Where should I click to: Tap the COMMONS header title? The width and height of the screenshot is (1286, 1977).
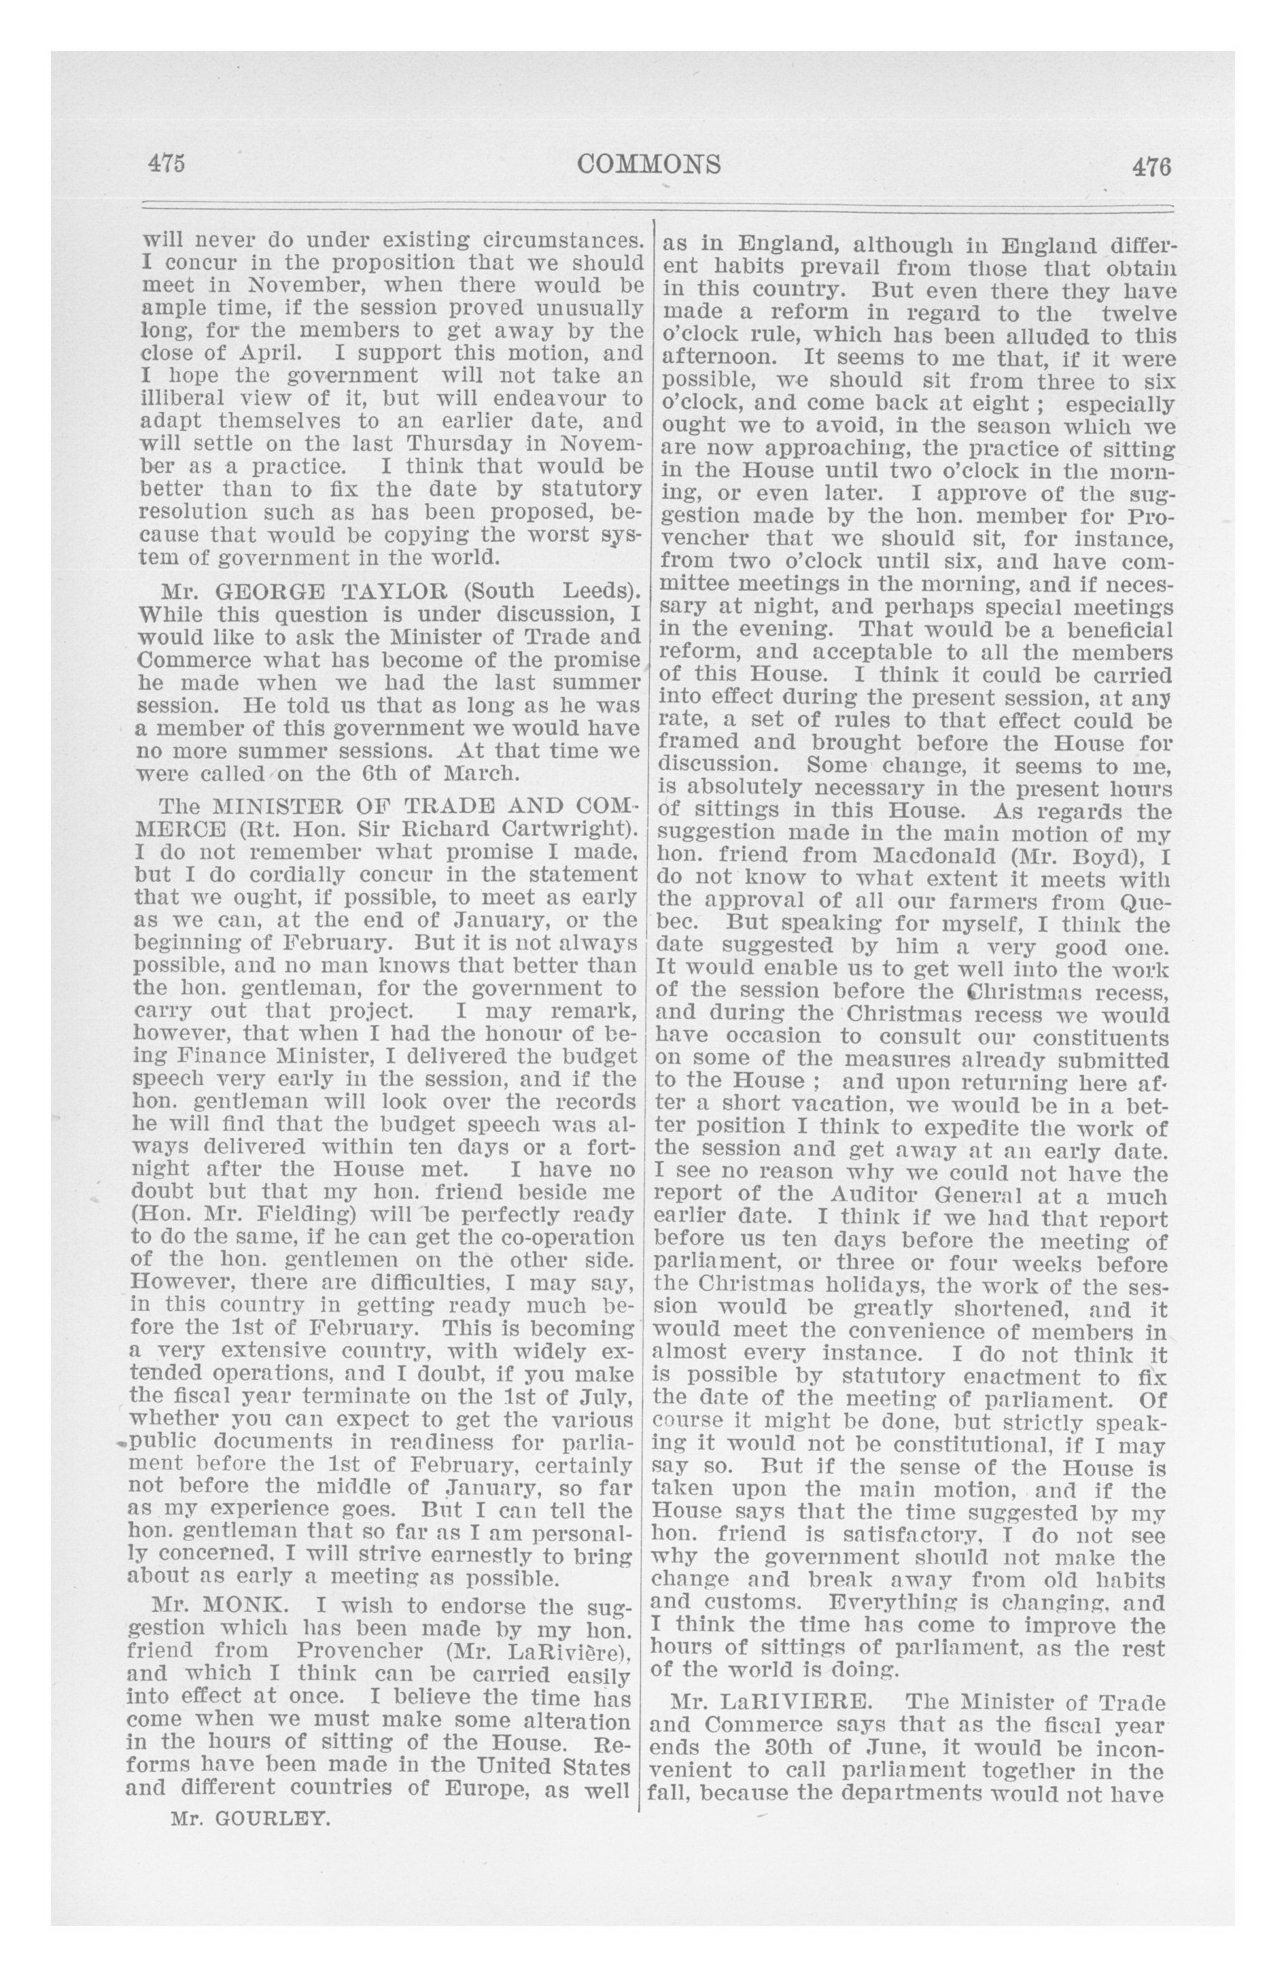[650, 164]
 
